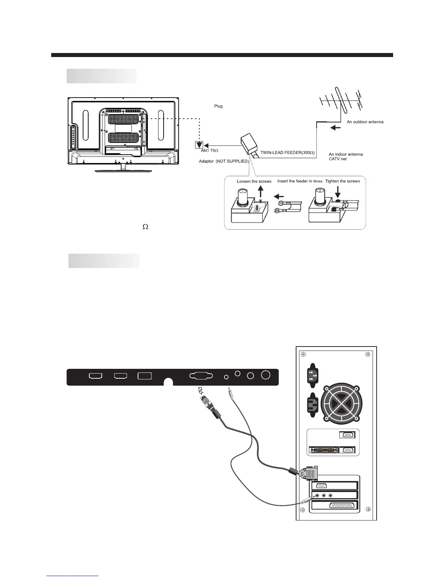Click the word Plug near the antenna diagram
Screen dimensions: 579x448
pos(218,106)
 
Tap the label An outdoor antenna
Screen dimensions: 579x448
pos(365,122)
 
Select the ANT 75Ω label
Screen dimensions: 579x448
pos(210,151)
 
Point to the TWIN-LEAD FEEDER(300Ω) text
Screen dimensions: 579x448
pos(287,152)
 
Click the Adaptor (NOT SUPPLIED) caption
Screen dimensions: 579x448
pos(224,161)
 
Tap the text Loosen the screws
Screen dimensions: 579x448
pos(254,181)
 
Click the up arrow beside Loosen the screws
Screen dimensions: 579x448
pos(260,192)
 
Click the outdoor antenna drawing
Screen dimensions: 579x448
pos(340,100)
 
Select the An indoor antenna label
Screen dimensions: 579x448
pos(346,154)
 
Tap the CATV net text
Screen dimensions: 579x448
pos(337,159)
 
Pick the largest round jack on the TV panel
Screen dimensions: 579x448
pos(266,375)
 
